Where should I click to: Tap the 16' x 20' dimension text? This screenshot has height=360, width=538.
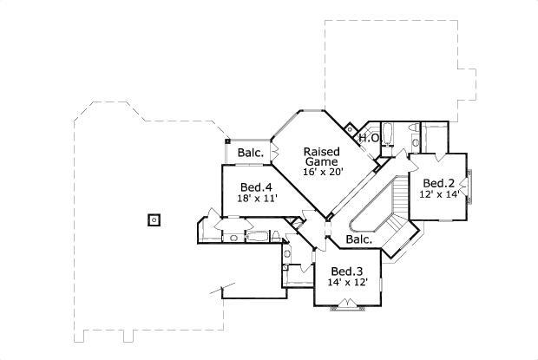324,172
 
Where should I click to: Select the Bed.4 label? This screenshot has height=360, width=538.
256,187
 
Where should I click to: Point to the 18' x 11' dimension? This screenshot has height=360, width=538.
256,199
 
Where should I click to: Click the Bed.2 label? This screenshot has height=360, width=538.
439,183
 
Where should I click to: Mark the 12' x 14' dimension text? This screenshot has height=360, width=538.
440,195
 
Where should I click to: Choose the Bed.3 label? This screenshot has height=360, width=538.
348,270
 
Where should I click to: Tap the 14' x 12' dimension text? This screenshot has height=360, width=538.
349,282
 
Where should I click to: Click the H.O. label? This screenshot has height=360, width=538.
369,138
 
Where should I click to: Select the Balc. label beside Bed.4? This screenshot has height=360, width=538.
252,154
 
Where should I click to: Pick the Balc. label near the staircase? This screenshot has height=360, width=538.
359,239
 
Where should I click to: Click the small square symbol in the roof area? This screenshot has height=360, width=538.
154,219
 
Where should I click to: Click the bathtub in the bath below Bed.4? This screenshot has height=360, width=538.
259,235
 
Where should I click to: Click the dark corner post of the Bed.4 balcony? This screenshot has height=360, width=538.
227,140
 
